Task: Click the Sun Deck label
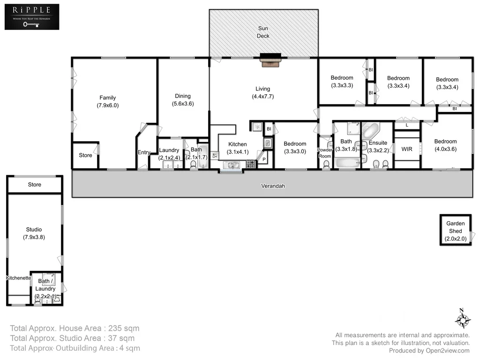(263, 32)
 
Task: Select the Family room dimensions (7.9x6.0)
(108, 105)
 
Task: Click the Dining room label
(183, 96)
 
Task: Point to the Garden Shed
(455, 231)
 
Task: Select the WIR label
(407, 149)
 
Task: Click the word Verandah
(273, 186)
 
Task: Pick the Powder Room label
(324, 153)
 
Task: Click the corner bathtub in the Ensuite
(372, 130)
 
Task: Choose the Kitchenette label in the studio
(19, 278)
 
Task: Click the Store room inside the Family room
(85, 155)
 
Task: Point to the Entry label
(143, 152)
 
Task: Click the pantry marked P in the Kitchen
(263, 160)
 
